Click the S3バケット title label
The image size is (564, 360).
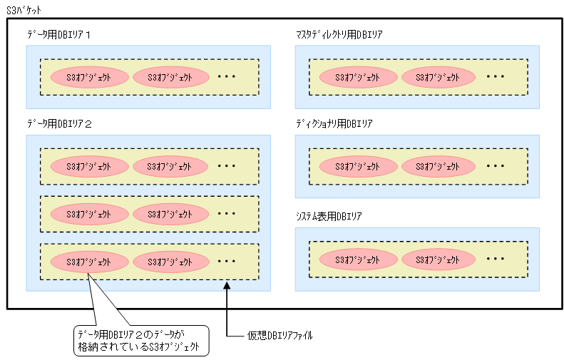(x=24, y=11)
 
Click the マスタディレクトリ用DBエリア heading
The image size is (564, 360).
(x=341, y=34)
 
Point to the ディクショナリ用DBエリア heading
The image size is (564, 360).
(x=334, y=123)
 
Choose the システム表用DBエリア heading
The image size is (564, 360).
(x=329, y=215)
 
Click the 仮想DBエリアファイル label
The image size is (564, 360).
(x=279, y=334)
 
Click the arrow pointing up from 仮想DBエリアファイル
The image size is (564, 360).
(x=227, y=307)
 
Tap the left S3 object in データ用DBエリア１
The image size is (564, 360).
(x=89, y=77)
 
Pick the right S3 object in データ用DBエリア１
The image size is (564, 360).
(x=170, y=77)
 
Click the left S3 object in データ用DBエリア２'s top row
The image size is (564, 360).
(x=89, y=166)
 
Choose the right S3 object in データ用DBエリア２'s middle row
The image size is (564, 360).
(x=170, y=213)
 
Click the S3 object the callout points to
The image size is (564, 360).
(x=89, y=262)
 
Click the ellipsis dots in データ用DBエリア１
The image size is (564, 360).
(x=226, y=77)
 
